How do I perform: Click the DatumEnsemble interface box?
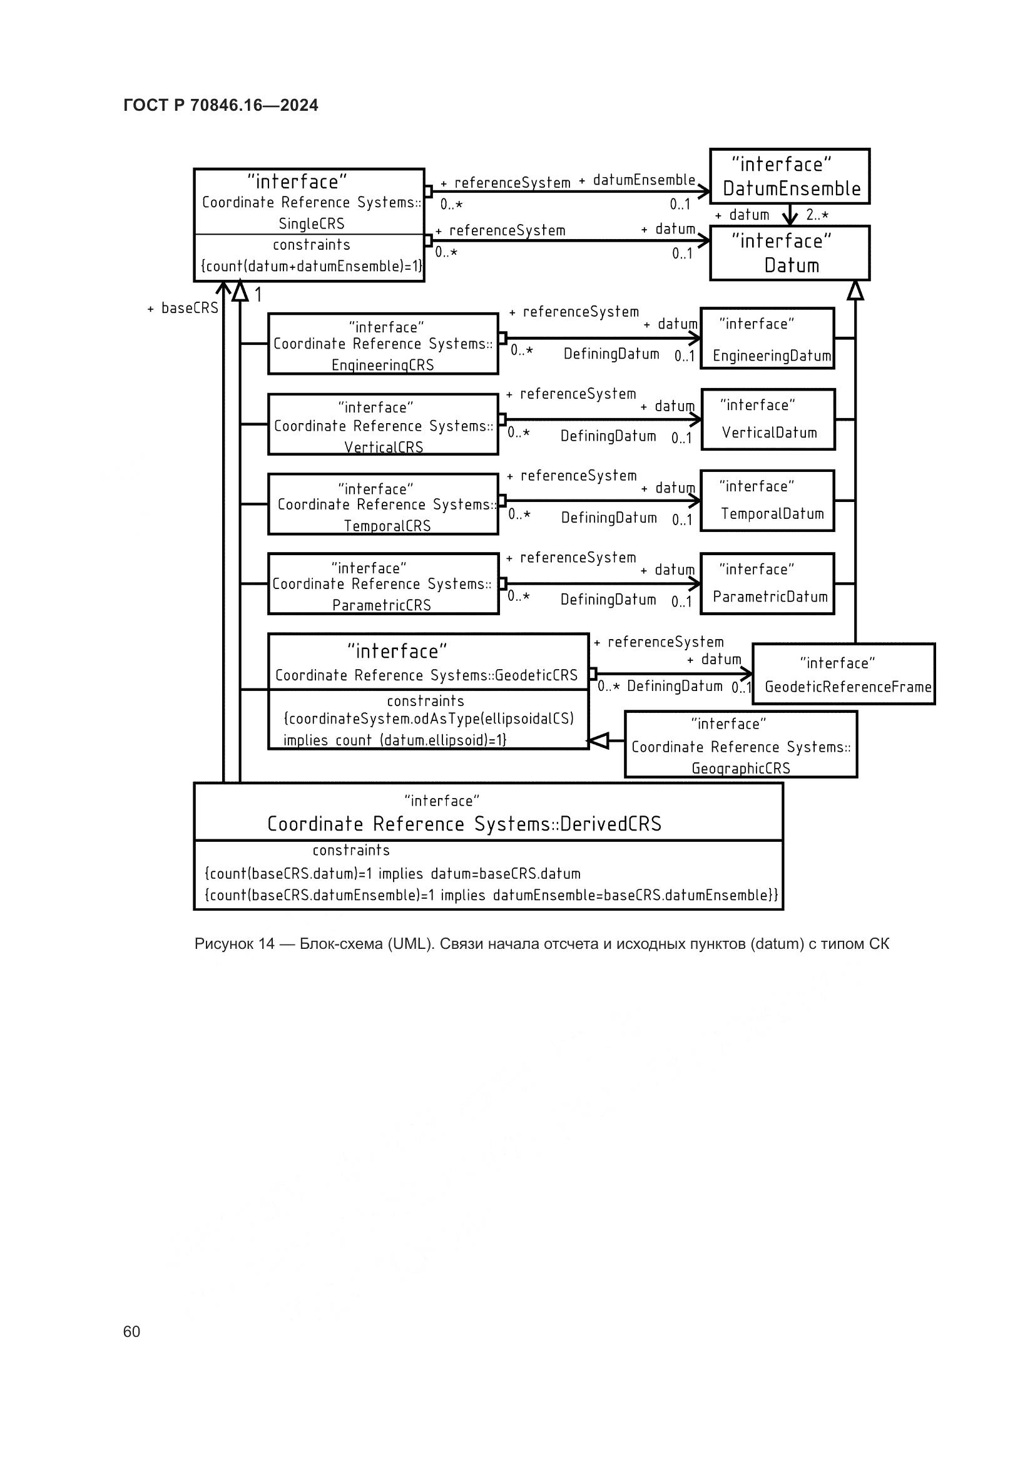point(790,177)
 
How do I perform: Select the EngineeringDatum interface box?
point(767,339)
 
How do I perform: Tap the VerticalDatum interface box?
point(768,419)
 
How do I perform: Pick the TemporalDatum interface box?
point(767,501)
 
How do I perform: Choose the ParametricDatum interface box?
point(767,583)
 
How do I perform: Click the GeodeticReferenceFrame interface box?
point(843,674)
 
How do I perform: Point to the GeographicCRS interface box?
point(740,745)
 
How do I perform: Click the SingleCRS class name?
point(311,224)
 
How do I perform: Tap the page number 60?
point(131,1331)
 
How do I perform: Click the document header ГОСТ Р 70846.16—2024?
point(220,105)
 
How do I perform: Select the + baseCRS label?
point(183,309)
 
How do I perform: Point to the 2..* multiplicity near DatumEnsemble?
point(817,215)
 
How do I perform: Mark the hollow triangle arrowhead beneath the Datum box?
point(855,291)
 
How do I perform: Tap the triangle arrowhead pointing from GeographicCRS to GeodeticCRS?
point(598,740)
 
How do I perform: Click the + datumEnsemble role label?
point(636,180)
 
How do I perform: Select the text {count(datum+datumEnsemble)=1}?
point(311,267)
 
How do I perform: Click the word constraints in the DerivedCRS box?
point(350,851)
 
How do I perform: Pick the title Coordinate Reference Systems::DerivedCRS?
point(464,824)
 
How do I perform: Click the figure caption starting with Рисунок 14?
point(541,944)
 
